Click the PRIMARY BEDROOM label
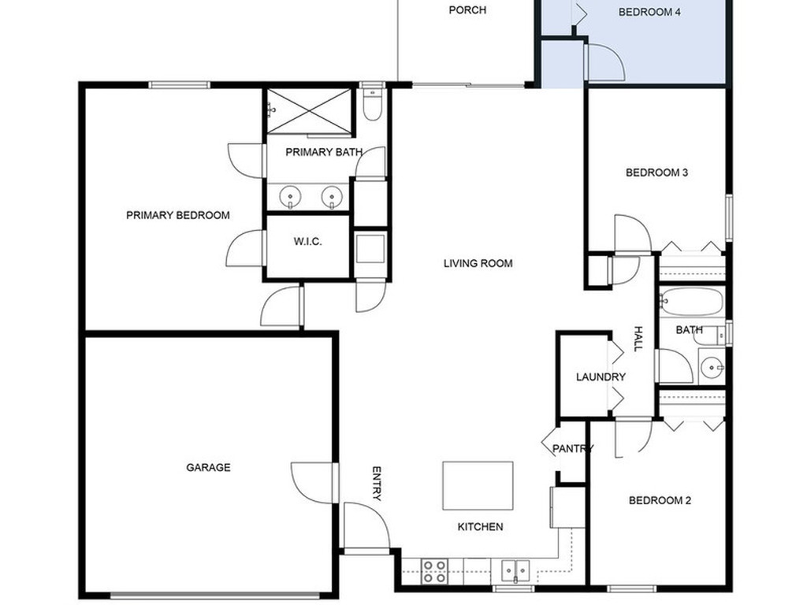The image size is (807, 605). [x=178, y=215]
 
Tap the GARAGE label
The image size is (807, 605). [x=208, y=467]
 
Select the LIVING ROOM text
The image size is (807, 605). [x=478, y=263]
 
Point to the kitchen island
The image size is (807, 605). [x=478, y=486]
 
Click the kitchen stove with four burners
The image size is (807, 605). [x=434, y=571]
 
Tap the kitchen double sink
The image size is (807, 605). [x=516, y=570]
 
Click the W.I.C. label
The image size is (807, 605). [x=308, y=242]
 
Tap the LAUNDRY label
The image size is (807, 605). [x=601, y=377]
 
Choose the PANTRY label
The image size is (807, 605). [x=572, y=449]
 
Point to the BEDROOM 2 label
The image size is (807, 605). [x=660, y=500]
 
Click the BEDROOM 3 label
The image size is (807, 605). [x=656, y=173]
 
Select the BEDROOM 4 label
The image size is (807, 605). [x=649, y=12]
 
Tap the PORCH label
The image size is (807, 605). [x=467, y=10]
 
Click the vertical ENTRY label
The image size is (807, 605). [x=376, y=483]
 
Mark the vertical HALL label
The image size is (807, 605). [x=638, y=339]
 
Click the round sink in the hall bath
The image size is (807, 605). [x=712, y=366]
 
